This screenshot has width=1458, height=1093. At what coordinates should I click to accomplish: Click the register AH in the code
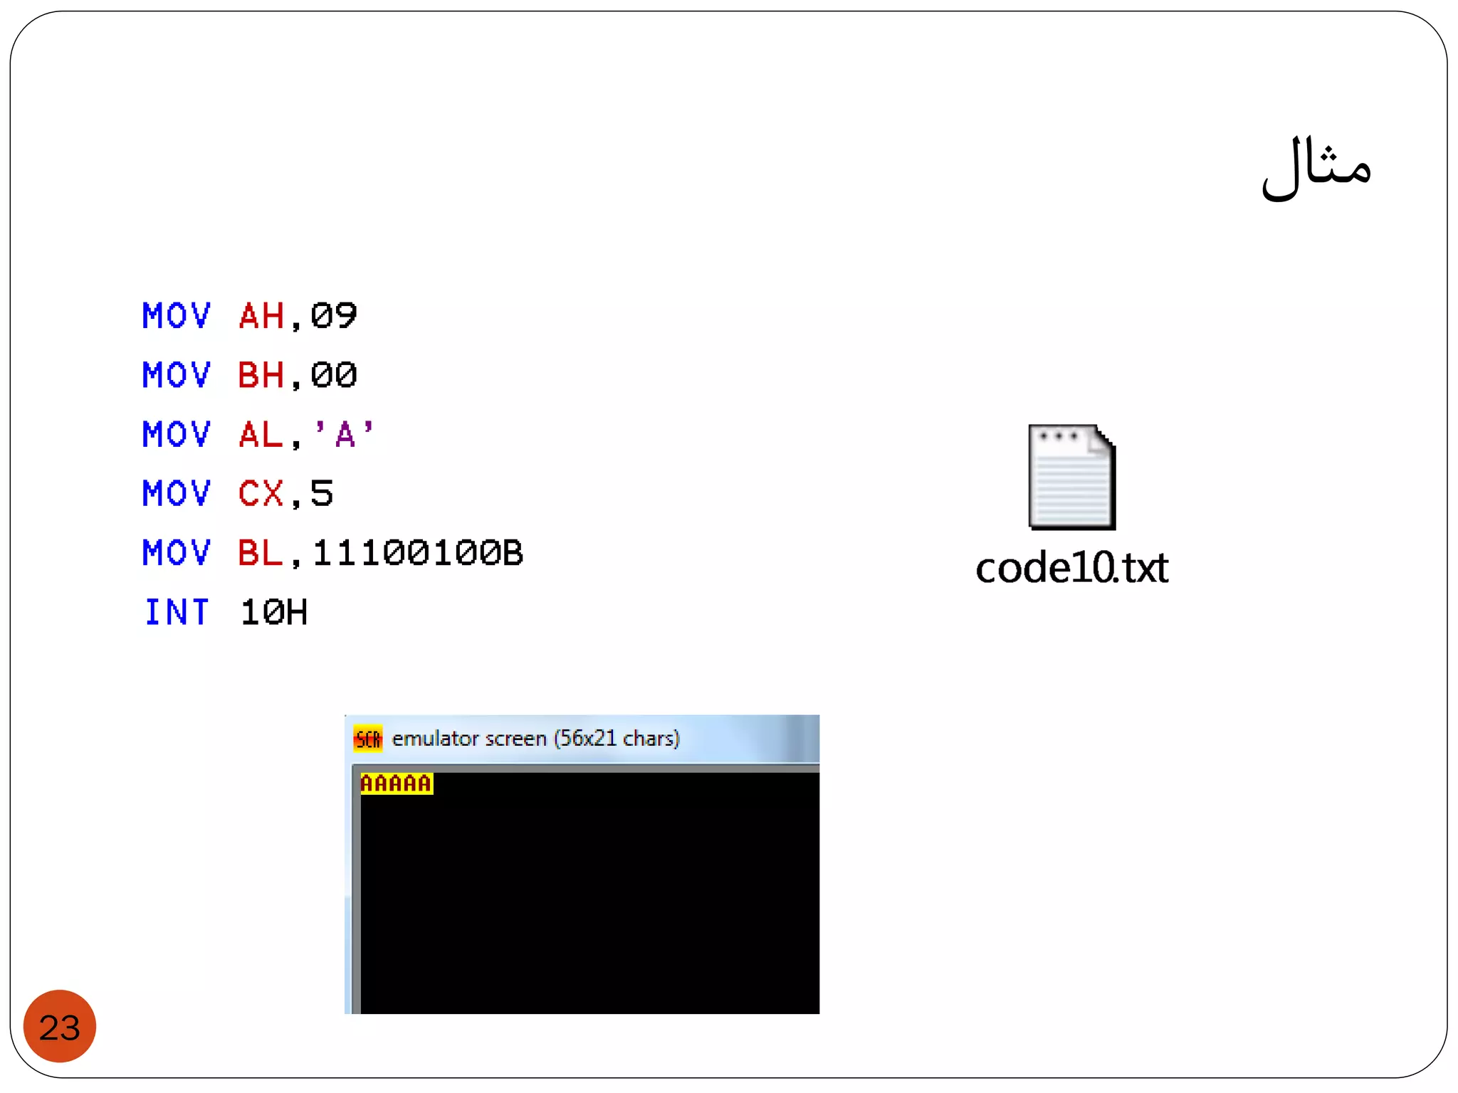262,316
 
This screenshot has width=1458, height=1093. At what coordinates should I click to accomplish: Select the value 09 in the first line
333,316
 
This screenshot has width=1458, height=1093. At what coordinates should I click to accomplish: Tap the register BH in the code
261,375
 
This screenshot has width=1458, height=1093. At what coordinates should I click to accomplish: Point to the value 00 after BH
333,375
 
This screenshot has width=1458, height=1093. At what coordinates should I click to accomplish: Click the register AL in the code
261,434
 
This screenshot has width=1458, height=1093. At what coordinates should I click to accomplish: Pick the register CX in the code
261,493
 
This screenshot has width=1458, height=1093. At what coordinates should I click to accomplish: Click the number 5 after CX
322,493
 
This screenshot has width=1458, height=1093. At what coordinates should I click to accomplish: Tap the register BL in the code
261,553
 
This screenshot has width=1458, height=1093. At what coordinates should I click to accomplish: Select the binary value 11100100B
418,553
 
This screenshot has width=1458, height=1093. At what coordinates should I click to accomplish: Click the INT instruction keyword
177,612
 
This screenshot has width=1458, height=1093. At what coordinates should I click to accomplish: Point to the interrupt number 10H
274,612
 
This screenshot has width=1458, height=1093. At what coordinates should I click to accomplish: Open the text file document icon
1071,477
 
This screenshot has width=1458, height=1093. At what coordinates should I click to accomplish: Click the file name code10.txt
1071,568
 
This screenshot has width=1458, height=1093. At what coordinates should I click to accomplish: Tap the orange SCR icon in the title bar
368,739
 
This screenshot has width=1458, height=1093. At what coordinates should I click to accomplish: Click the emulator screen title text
535,739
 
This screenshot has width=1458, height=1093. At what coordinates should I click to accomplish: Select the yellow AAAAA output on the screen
397,783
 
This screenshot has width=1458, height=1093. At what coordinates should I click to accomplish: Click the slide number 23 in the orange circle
60,1027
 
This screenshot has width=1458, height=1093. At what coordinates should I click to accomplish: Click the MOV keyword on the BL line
177,553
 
